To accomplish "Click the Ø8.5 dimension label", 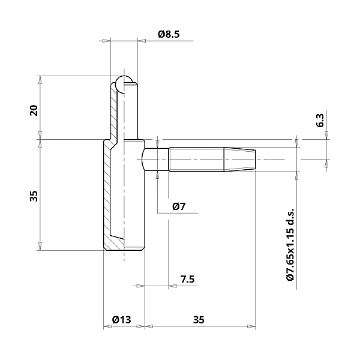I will tap(169, 34).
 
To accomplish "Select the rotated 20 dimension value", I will tap(34, 110).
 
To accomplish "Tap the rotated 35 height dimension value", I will tap(34, 196).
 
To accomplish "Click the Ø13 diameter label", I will tap(121, 320).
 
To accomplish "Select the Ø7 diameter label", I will tap(178, 206).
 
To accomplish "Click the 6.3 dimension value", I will tap(320, 119).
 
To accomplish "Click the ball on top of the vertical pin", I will tap(125, 84).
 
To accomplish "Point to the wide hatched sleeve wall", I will tap(107, 192).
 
